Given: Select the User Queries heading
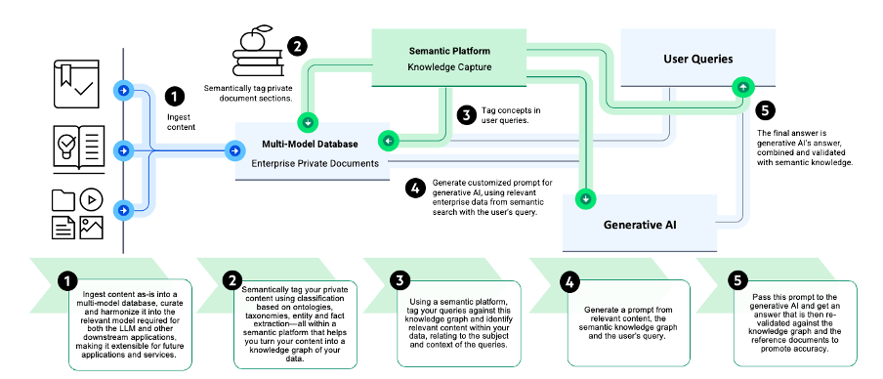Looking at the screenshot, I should tap(697, 59).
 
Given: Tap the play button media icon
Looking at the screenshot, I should tap(91, 198).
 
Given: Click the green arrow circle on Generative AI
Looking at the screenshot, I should tap(585, 199).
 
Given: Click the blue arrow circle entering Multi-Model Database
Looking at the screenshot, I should tap(235, 150).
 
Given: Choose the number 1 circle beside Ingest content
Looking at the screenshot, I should tap(175, 96).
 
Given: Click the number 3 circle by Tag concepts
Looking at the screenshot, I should tap(468, 114).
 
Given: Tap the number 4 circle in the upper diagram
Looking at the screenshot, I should tap(415, 187).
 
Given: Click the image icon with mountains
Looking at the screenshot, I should tap(92, 228).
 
